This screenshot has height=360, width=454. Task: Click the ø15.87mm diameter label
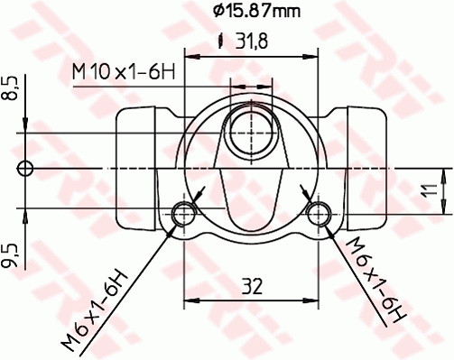click(256, 12)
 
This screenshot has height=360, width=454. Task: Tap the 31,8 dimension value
click(256, 40)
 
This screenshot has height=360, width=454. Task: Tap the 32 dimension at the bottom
click(253, 288)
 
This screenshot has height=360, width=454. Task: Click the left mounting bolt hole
click(185, 214)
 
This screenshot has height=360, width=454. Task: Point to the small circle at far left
click(25, 168)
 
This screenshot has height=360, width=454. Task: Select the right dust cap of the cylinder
click(366, 168)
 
